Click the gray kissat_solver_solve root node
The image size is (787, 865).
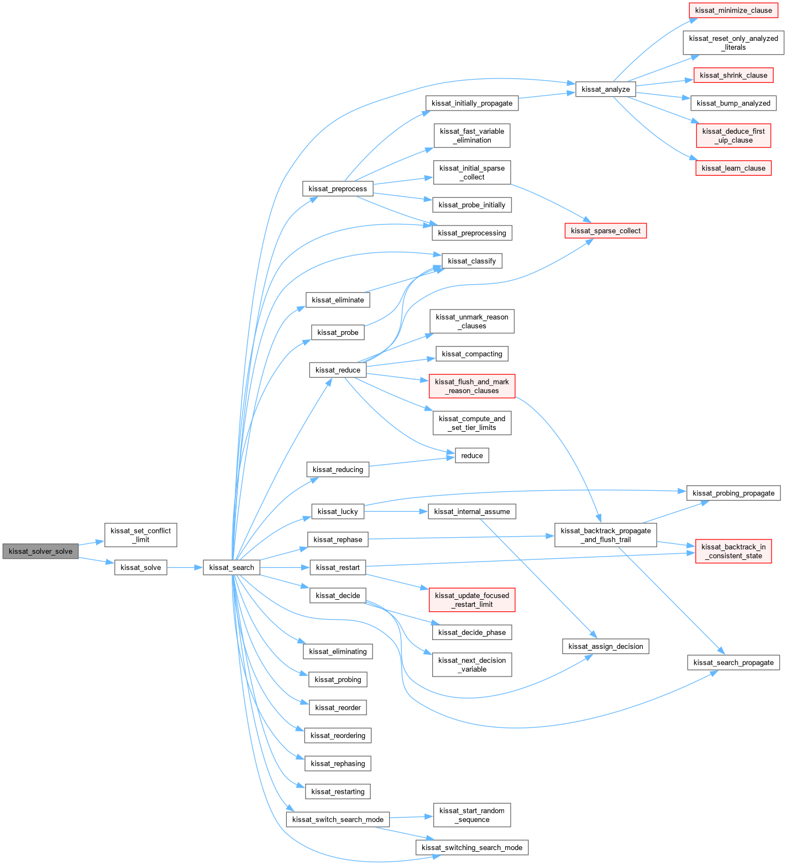(x=40, y=551)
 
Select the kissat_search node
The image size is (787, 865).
(x=232, y=568)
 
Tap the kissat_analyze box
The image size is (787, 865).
(x=605, y=89)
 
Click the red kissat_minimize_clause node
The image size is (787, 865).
(x=733, y=10)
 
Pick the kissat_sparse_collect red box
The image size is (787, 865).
(x=605, y=230)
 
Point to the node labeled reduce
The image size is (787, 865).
(x=472, y=455)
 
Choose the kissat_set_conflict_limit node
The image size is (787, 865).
(x=141, y=535)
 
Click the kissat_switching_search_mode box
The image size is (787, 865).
(x=472, y=847)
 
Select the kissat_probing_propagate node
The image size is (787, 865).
(x=733, y=493)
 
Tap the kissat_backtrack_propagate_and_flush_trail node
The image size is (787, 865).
(x=605, y=535)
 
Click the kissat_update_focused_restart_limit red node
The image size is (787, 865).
(x=472, y=600)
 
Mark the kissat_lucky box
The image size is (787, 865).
(x=338, y=511)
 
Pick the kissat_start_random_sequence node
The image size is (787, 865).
(x=472, y=815)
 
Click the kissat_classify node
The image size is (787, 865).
(x=472, y=261)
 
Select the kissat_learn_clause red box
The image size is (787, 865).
(x=733, y=168)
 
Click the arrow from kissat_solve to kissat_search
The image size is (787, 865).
(x=185, y=568)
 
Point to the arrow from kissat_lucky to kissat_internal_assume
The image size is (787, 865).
(x=396, y=511)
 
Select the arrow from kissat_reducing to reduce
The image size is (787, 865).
(x=412, y=462)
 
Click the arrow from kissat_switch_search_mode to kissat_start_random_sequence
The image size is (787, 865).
(x=412, y=817)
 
